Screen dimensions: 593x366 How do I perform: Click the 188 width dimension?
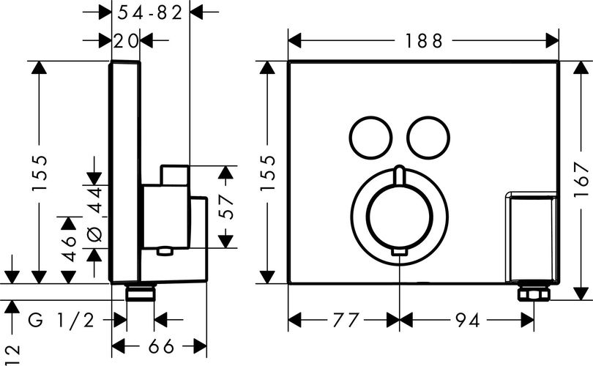[x=424, y=41]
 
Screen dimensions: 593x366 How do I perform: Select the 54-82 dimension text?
[x=150, y=13]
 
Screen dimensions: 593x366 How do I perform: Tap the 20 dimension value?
[x=126, y=41]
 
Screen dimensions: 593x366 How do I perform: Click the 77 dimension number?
[x=346, y=321]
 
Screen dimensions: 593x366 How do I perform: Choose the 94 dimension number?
[x=467, y=321]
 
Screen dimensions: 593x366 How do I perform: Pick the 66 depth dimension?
[x=161, y=346]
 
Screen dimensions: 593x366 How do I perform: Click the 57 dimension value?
[x=226, y=207]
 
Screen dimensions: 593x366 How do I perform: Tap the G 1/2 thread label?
[x=61, y=321]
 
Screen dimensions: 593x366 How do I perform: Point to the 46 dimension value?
[x=69, y=248]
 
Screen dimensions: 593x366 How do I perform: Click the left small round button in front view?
[x=370, y=138]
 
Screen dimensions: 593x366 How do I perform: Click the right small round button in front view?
[x=428, y=138]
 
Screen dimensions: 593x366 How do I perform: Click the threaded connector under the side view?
[x=141, y=293]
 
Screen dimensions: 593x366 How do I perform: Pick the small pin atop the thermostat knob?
[x=400, y=175]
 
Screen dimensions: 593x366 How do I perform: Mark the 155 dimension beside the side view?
[x=40, y=173]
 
